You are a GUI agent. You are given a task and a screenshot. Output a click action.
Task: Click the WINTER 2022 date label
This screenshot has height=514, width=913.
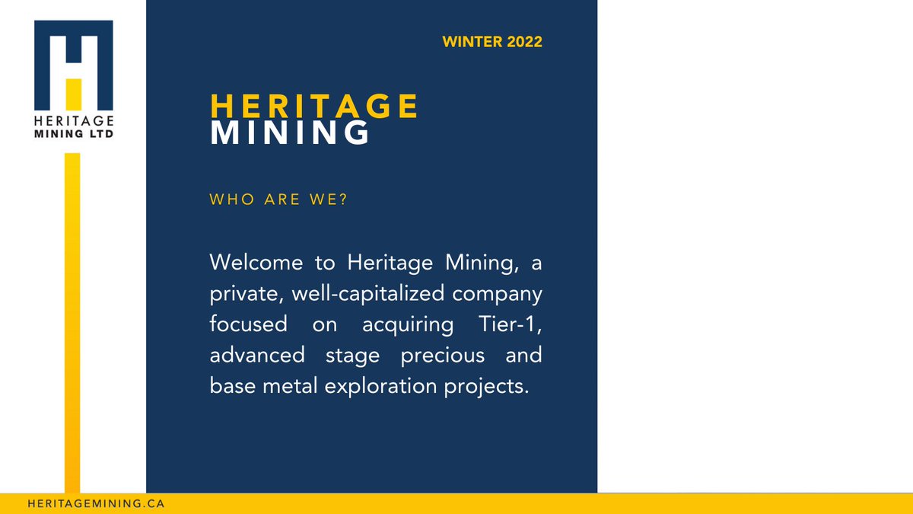pyautogui.click(x=491, y=42)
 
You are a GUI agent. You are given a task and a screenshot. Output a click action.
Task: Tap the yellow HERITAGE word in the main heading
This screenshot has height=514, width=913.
pyautogui.click(x=314, y=107)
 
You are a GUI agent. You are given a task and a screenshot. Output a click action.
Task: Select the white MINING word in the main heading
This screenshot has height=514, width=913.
pyautogui.click(x=290, y=133)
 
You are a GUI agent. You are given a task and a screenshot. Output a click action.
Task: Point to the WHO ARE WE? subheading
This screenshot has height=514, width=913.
pyautogui.click(x=278, y=201)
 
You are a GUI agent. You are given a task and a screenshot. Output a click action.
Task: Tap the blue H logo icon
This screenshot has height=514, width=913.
pyautogui.click(x=74, y=65)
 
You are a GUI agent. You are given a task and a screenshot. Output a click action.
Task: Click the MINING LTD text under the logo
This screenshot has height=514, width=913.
pyautogui.click(x=74, y=133)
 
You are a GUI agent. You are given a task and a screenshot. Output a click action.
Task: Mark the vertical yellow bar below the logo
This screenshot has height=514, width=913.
pyautogui.click(x=72, y=320)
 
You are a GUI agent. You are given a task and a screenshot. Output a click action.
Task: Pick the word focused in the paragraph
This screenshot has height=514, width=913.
pyautogui.click(x=248, y=324)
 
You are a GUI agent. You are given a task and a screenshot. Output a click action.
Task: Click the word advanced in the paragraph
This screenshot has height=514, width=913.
pyautogui.click(x=258, y=355)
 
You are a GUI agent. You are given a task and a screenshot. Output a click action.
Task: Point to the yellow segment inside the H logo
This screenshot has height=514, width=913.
pyautogui.click(x=73, y=93)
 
